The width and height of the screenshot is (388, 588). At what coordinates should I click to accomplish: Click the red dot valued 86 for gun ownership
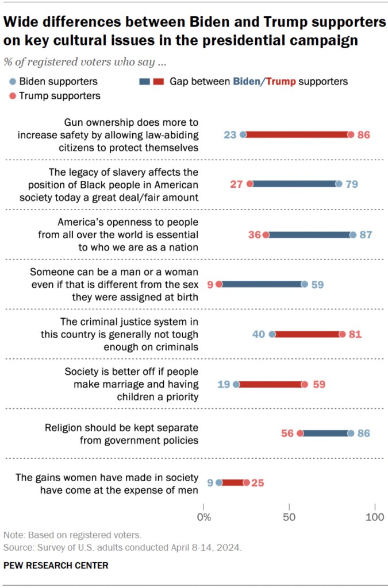pos(351,135)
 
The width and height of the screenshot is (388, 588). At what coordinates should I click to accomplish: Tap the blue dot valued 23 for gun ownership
pos(243,135)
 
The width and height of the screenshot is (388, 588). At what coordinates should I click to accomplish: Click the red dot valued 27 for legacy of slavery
pos(250,184)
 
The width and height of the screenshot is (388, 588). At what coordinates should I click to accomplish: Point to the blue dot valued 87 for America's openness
pos(352,234)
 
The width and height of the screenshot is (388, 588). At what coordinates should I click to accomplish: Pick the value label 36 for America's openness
pos(253,234)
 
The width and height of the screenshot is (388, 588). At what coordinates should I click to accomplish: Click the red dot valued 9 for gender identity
pos(219,284)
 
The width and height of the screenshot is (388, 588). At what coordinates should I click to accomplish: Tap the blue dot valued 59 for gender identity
pos(305,284)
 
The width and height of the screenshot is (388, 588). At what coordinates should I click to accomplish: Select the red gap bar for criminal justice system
pos(308,334)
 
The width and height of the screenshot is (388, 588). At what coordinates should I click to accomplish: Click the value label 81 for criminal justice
pos(355,334)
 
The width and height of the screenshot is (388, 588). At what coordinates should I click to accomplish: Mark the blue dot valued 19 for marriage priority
pos(236,384)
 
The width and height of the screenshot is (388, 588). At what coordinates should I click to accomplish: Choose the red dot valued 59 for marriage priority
pos(305,384)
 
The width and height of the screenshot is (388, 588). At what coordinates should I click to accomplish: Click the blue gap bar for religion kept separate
pos(325,434)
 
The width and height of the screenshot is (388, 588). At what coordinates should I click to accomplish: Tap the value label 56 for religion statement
pos(288,434)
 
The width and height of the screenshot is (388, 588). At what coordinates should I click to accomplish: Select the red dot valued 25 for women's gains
pos(247,483)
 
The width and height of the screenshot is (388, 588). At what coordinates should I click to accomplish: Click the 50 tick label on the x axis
pos(289,517)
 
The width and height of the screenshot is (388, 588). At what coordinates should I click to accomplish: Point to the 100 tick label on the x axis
pos(375,517)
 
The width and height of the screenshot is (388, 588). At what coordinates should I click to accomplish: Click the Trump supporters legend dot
pos(13,95)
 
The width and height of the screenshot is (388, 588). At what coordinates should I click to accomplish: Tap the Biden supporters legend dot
pos(13,82)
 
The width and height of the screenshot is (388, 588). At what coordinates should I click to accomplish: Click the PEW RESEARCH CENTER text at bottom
pos(56,566)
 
